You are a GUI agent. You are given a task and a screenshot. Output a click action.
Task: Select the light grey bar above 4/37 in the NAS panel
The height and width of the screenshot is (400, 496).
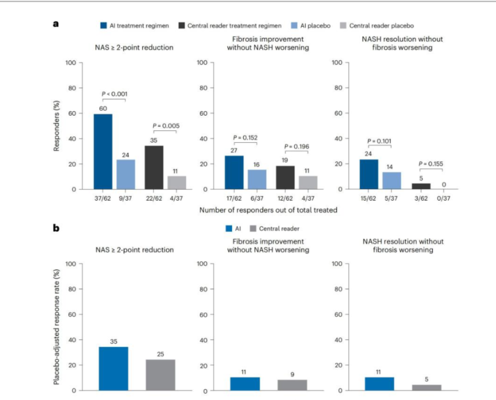[177, 183]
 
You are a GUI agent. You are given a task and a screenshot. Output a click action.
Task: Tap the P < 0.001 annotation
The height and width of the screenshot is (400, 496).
[113, 94]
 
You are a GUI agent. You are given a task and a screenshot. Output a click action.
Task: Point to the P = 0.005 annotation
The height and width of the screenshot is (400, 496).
[165, 126]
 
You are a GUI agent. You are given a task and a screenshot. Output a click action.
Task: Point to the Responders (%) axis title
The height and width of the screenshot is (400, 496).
[57, 126]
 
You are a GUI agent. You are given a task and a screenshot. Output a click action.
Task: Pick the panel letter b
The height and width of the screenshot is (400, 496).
[56, 227]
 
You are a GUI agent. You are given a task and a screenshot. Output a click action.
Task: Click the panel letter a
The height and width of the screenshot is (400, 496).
[56, 24]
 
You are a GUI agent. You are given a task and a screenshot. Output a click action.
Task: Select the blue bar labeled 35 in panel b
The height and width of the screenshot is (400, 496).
[113, 369]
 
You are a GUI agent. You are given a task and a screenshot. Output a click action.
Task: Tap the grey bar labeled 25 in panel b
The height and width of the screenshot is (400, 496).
[160, 375]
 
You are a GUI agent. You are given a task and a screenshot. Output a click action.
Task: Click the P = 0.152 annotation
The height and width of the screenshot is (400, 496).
[246, 137]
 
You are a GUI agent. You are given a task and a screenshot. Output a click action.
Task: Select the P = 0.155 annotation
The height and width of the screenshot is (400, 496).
[431, 163]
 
